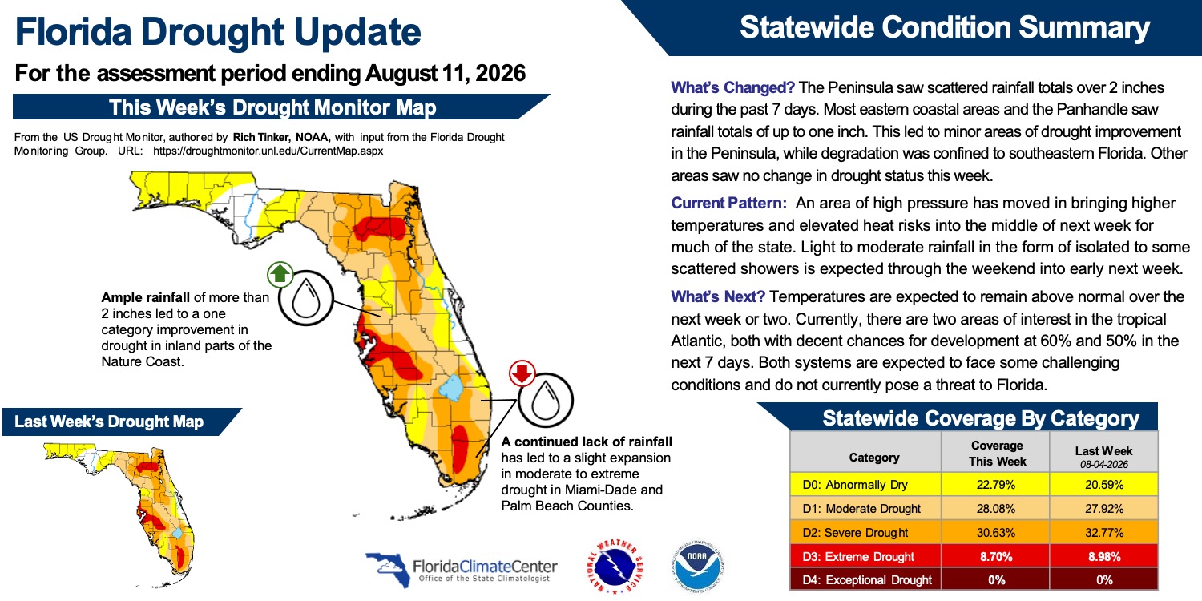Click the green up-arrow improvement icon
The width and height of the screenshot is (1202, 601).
click(280, 275)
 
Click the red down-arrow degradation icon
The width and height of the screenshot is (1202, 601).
click(522, 373)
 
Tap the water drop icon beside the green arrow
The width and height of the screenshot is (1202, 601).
click(306, 298)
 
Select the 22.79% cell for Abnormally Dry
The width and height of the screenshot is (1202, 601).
click(995, 485)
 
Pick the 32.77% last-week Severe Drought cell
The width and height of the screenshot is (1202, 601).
click(1103, 533)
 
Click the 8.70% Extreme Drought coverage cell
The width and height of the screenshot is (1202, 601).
click(995, 556)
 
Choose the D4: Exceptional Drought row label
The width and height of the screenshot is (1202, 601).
click(866, 580)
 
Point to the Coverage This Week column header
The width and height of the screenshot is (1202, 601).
click(997, 454)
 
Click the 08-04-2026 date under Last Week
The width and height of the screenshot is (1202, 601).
click(1104, 465)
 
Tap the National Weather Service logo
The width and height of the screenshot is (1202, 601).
click(615, 566)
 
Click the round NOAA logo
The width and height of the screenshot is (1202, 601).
click(697, 566)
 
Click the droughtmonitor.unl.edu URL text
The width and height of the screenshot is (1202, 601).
click(268, 151)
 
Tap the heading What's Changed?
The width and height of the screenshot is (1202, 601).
click(732, 87)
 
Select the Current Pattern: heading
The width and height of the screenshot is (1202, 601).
click(728, 203)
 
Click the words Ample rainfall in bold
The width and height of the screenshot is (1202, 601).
click(145, 297)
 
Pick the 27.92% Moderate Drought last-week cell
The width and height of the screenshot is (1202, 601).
click(1103, 509)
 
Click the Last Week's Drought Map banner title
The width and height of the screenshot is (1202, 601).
click(109, 422)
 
